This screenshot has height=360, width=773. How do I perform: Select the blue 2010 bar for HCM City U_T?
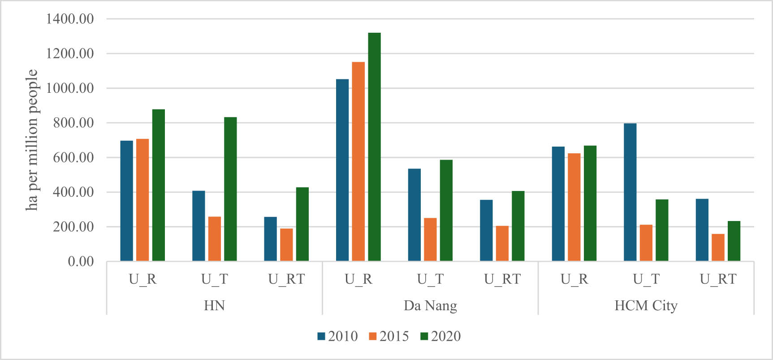coord(630,192)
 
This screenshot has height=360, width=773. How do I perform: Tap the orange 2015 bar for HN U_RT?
coord(286,245)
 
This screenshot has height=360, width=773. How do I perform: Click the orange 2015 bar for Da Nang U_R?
coord(358,161)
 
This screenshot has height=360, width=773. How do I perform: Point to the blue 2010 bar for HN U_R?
coord(126,201)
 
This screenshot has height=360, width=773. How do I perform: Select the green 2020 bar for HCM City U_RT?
coord(734,241)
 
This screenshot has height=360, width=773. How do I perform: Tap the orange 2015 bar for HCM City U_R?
coord(574,207)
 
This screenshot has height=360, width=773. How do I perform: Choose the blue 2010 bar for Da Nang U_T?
coord(414,215)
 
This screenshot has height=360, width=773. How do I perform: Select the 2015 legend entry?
coord(389,336)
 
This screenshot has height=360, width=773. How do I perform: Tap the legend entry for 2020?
coord(440,336)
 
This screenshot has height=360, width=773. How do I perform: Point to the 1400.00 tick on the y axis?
coord(70,19)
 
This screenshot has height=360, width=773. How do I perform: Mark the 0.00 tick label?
coord(81,261)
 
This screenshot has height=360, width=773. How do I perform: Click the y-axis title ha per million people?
coord(32,140)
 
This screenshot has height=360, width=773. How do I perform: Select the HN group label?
coord(214,306)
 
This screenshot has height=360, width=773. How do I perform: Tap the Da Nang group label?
coord(430,306)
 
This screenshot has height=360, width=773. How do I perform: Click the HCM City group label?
coord(646,306)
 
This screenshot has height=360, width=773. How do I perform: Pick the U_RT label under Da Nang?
coord(502,279)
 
